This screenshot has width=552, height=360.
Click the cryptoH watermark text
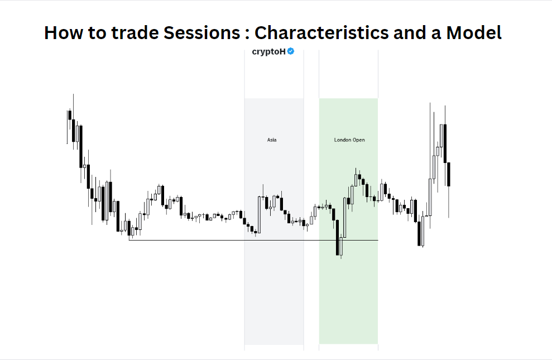pyautogui.click(x=269, y=51)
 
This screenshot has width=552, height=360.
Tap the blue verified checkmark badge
pyautogui.click(x=291, y=51)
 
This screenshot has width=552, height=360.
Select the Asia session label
pyautogui.click(x=272, y=140)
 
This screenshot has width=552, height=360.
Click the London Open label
pyautogui.click(x=349, y=140)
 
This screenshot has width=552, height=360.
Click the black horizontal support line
pyautogui.click(x=223, y=240)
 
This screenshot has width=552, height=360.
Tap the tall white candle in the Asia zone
pyautogui.click(x=260, y=214)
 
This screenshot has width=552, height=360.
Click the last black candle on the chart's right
pyautogui.click(x=449, y=174)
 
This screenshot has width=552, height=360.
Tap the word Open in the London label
pyautogui.click(x=359, y=140)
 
